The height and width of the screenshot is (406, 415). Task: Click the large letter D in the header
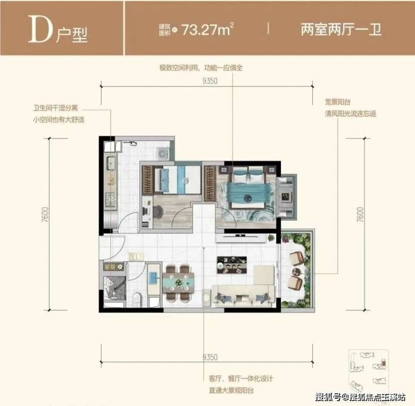[40, 29]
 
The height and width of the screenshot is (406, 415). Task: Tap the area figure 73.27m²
[208, 29]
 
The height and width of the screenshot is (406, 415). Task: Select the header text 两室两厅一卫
[341, 29]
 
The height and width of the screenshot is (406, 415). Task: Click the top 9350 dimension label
[210, 81]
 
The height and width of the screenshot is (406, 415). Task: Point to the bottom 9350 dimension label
[210, 357]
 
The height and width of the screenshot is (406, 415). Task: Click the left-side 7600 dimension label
[45, 215]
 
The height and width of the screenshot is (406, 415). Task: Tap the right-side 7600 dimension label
[360, 215]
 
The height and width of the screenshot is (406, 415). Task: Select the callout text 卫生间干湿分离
[56, 108]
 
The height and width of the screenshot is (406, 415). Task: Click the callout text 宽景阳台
[338, 102]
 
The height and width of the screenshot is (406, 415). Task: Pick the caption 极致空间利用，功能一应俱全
[201, 68]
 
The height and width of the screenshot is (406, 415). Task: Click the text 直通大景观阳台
[231, 390]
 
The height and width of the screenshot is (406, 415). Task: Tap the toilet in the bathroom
[137, 299]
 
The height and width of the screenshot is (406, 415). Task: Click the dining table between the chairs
[178, 283]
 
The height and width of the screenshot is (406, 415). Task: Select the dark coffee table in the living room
[232, 265]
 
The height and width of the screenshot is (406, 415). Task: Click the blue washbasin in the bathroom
[154, 278]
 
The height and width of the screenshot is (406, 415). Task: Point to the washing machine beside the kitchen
[163, 153]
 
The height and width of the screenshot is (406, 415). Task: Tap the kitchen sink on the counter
[110, 163]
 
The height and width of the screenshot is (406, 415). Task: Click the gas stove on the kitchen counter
[110, 200]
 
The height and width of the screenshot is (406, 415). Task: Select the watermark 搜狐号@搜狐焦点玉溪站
[361, 397]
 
